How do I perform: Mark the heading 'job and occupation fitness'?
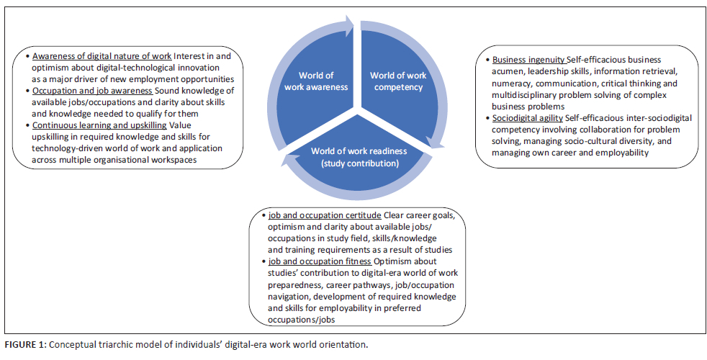pyautogui.click(x=315, y=261)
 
